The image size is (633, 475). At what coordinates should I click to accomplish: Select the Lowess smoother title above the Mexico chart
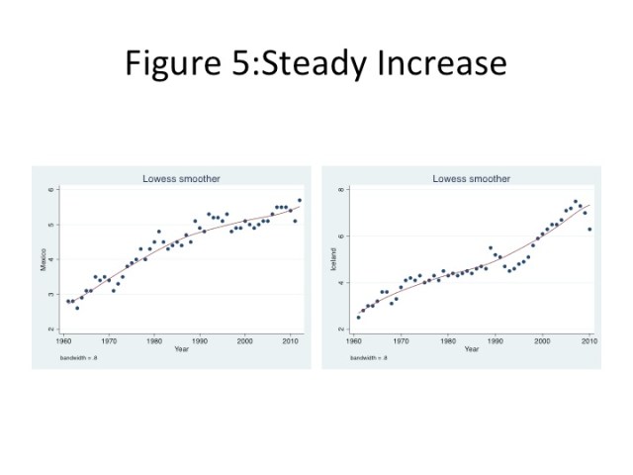181,179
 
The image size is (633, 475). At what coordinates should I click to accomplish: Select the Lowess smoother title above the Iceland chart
471,179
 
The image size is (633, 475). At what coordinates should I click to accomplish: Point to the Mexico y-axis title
43,259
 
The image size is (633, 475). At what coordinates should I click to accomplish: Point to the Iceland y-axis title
333,259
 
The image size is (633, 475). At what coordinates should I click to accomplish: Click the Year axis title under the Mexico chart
181,348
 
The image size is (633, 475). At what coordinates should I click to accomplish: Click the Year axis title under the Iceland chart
472,348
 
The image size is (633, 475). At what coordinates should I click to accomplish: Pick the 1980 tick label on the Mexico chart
153,340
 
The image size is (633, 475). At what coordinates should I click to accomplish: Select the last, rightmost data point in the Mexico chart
300,200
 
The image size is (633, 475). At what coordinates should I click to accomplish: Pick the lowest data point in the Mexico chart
77,308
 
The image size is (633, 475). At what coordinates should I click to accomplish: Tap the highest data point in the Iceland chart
576,202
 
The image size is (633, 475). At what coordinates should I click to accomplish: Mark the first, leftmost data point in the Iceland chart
359,317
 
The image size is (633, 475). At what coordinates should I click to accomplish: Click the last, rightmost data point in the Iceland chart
589,229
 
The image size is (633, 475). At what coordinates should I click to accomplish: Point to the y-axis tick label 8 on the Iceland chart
342,189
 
